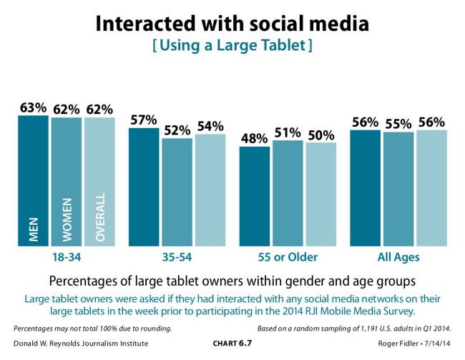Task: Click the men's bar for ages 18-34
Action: (x=33, y=179)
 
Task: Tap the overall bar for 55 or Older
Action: (x=320, y=194)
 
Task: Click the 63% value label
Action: (x=33, y=107)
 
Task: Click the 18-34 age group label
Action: (x=66, y=257)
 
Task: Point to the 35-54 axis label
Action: (x=176, y=257)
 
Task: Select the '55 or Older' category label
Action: (x=287, y=257)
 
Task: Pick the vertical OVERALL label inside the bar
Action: (x=99, y=217)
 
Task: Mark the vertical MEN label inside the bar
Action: (x=33, y=228)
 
